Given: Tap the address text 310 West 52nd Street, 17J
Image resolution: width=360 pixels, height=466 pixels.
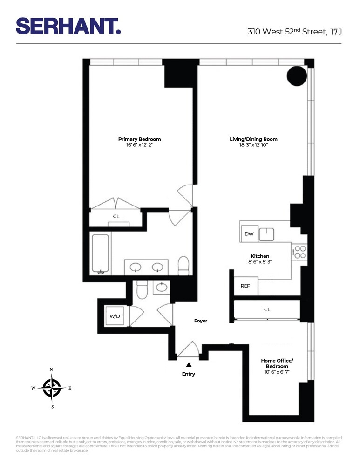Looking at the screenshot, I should pos(294,32).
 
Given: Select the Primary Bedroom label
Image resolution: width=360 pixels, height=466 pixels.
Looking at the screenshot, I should pos(139,139).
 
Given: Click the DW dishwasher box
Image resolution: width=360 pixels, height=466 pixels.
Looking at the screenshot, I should pos(249,234).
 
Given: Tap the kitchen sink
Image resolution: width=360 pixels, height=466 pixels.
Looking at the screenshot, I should pos(267,233).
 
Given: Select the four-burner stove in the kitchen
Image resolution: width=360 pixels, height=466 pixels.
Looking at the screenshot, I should pos(299,252).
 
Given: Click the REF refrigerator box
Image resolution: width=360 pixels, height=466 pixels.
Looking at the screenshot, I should pos(245,286).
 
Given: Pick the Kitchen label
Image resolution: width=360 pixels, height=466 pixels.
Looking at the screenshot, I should pos(260,256).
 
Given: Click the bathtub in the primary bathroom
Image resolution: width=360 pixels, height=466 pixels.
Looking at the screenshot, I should pos(101,254).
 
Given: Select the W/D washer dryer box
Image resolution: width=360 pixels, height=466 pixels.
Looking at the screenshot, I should pos(115,316).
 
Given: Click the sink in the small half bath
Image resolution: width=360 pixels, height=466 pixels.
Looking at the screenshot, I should pos(162,287).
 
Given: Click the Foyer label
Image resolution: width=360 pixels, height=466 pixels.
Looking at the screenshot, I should pos(201,321).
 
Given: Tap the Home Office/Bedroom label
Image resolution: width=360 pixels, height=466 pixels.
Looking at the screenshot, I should pos(277,363).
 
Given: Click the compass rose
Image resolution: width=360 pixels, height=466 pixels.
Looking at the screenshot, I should pos(51,388).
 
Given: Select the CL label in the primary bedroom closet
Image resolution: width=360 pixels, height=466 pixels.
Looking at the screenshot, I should pos(116,216).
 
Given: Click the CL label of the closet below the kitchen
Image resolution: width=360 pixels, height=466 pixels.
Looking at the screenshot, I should pos(267,309).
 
